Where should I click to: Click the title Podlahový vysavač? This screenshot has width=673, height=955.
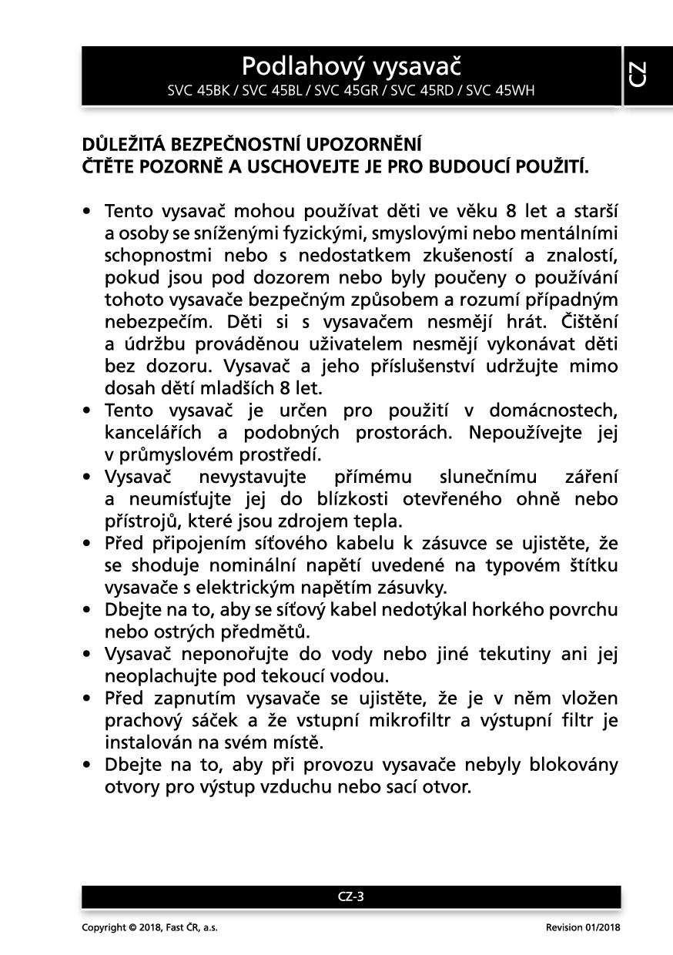pos(351,66)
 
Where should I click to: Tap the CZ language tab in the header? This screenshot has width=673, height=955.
pos(638,75)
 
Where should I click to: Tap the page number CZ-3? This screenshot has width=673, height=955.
pos(351,896)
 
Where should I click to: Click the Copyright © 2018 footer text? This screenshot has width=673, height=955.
pos(149,927)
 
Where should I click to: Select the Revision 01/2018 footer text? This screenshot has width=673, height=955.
pos(583,927)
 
